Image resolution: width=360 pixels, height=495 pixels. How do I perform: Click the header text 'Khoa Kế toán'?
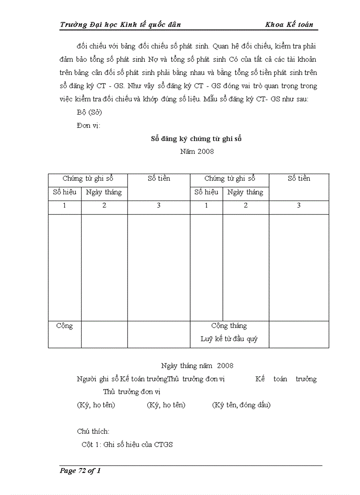(x=289, y=25)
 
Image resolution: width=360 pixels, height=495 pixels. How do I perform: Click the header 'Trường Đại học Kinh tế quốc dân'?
(x=120, y=25)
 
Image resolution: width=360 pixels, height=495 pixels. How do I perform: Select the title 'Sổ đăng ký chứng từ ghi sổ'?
(x=196, y=139)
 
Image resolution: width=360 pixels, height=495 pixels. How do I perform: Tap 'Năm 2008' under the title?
(x=197, y=152)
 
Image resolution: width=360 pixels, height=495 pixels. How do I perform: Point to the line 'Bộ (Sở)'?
(x=89, y=112)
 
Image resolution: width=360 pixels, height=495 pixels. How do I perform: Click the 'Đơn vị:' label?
(x=88, y=126)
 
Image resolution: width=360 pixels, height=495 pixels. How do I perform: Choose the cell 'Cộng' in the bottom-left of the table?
(x=64, y=326)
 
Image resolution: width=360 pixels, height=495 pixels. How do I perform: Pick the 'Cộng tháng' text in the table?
(x=229, y=326)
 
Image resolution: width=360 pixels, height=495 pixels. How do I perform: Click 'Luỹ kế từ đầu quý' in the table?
(x=229, y=339)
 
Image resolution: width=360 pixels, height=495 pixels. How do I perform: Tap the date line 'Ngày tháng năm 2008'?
(x=197, y=366)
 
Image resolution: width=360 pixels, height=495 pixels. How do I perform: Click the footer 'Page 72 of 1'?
(x=80, y=471)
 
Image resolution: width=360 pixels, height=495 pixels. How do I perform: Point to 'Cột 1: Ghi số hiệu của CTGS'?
(x=127, y=445)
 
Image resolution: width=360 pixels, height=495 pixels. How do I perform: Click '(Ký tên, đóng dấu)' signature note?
(x=241, y=405)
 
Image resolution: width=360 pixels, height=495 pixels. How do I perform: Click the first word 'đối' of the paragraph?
(x=82, y=46)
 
